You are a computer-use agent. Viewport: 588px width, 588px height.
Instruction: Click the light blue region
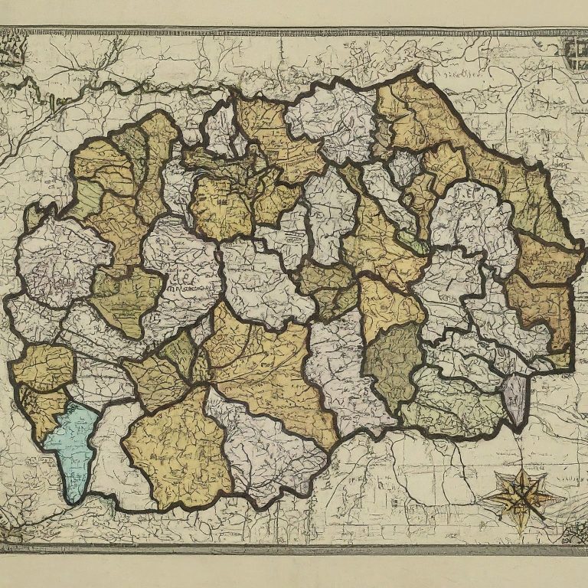click(x=73, y=448)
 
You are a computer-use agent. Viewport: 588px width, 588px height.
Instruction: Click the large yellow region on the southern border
click(x=178, y=452)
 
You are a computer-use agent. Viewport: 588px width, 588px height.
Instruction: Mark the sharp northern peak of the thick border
click(x=418, y=70)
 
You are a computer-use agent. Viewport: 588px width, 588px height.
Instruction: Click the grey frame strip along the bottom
click(x=294, y=548)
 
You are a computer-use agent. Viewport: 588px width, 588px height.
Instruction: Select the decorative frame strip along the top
click(x=294, y=31)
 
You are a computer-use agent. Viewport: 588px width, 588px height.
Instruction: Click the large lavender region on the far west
click(x=57, y=260)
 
